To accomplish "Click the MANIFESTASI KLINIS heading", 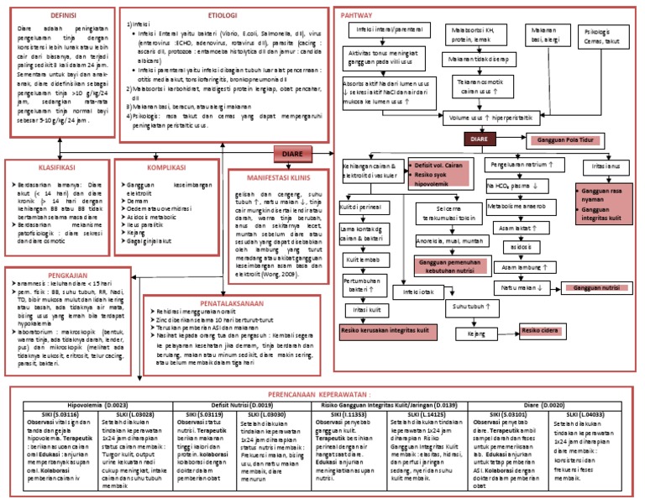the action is tap(273, 178).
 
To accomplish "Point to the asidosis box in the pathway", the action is tap(514, 247).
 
